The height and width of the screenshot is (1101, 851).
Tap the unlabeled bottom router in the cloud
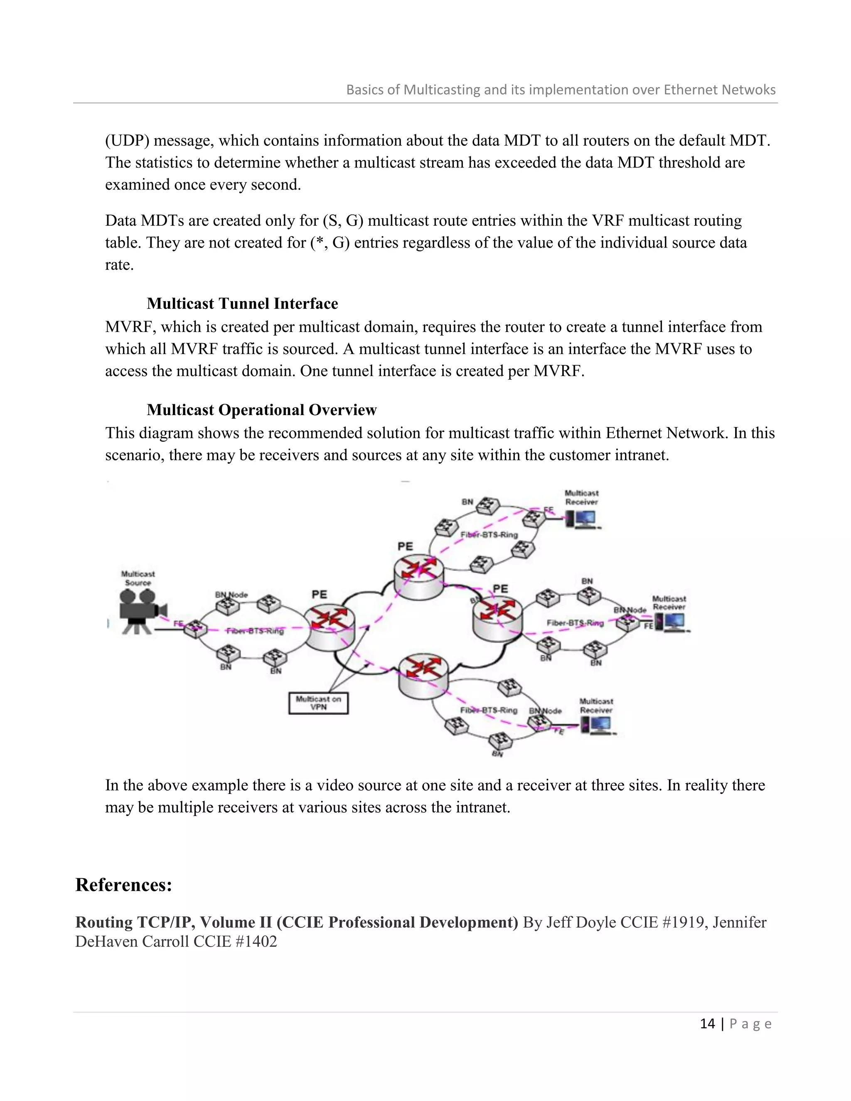[x=423, y=674]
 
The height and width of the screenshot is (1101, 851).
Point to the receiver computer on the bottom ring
[x=598, y=725]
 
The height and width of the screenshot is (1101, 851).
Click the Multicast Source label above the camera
[x=138, y=578]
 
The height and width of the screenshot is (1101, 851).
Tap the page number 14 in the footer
[x=707, y=1023]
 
